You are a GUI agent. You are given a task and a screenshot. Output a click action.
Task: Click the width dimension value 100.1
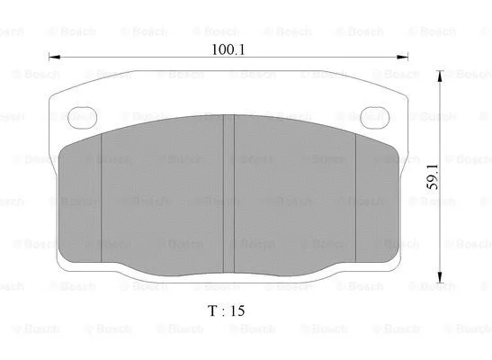pos(228,50)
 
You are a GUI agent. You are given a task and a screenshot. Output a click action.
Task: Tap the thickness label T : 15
pos(226,310)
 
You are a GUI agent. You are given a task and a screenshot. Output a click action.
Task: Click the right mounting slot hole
pos(373,115)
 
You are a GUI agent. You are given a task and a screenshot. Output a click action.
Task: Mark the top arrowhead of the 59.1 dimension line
pos(440,78)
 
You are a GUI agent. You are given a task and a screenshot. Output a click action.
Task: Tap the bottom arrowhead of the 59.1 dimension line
pos(440,276)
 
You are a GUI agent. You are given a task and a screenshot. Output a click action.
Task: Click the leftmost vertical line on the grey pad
pos(102,198)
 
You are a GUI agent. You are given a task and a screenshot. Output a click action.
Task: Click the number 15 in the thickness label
pos(237,310)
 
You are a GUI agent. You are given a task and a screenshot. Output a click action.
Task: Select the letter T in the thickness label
pos(210,310)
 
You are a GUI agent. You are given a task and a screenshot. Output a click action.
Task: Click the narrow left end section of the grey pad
pos(81,202)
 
